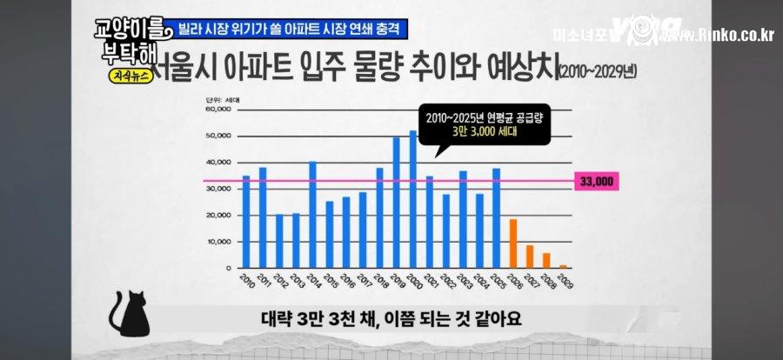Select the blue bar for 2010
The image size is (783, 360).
246,221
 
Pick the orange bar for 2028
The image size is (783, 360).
546,259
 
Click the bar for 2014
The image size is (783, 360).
312,214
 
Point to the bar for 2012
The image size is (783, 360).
279,240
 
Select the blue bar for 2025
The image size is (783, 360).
496,217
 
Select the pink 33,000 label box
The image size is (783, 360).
596,181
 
